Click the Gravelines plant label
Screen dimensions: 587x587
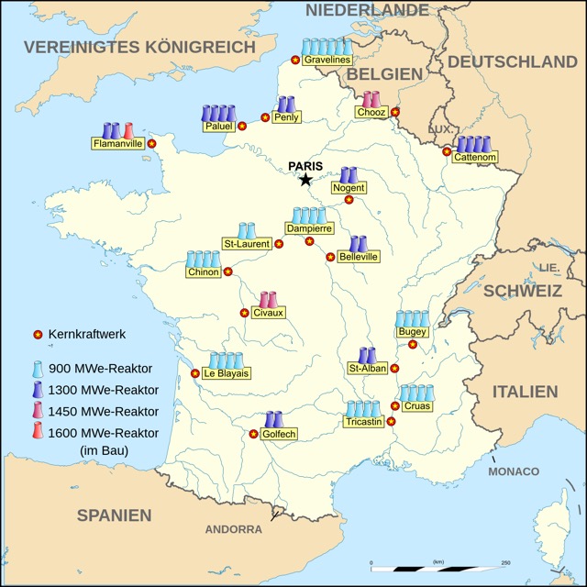[x=327, y=60]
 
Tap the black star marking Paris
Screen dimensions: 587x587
[x=305, y=180]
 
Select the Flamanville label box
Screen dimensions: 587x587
[x=117, y=143]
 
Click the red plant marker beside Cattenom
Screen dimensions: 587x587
[x=447, y=151]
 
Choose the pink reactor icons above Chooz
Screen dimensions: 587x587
[x=371, y=98]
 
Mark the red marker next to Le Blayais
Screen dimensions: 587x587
[x=194, y=373]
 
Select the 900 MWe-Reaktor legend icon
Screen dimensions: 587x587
[x=38, y=369]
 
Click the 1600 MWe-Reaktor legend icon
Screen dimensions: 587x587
[x=38, y=432]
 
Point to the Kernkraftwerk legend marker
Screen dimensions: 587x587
[x=38, y=335]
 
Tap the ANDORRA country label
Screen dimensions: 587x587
[x=233, y=529]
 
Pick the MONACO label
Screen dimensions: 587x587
[x=514, y=471]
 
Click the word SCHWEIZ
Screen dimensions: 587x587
[x=523, y=291]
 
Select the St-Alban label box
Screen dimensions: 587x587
[x=366, y=369]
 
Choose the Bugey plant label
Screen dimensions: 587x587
[x=413, y=331]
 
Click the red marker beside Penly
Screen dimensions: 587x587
[x=265, y=118]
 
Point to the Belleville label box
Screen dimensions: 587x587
[x=359, y=258]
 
